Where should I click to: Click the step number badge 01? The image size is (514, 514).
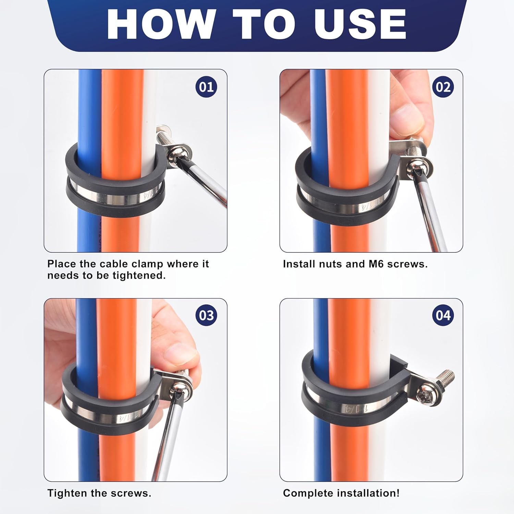tap(206, 87)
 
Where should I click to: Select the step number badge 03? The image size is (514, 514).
tap(206, 315)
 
